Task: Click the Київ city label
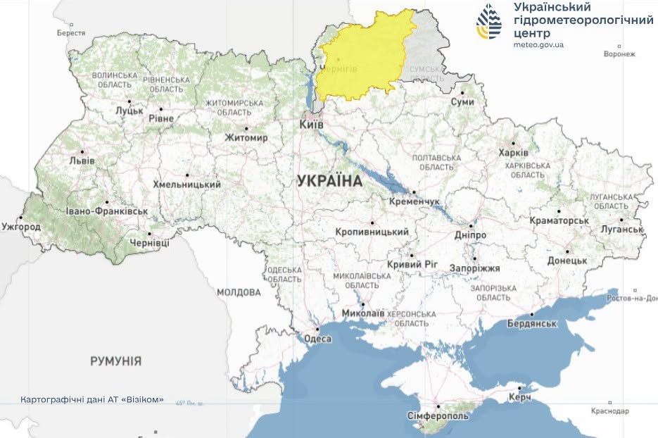point(312,124)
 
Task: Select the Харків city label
point(512,153)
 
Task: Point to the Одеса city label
point(317,339)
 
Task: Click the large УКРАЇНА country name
point(329,181)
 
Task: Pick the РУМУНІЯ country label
point(115,361)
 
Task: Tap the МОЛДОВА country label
point(239,292)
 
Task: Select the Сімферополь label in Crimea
point(438,416)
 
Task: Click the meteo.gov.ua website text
point(539,44)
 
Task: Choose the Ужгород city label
point(21,227)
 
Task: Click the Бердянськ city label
point(532,324)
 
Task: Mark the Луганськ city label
point(622,229)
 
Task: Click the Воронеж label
point(619,54)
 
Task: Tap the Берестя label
point(71,33)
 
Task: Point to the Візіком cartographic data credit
point(92,399)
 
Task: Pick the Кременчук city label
point(415,201)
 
